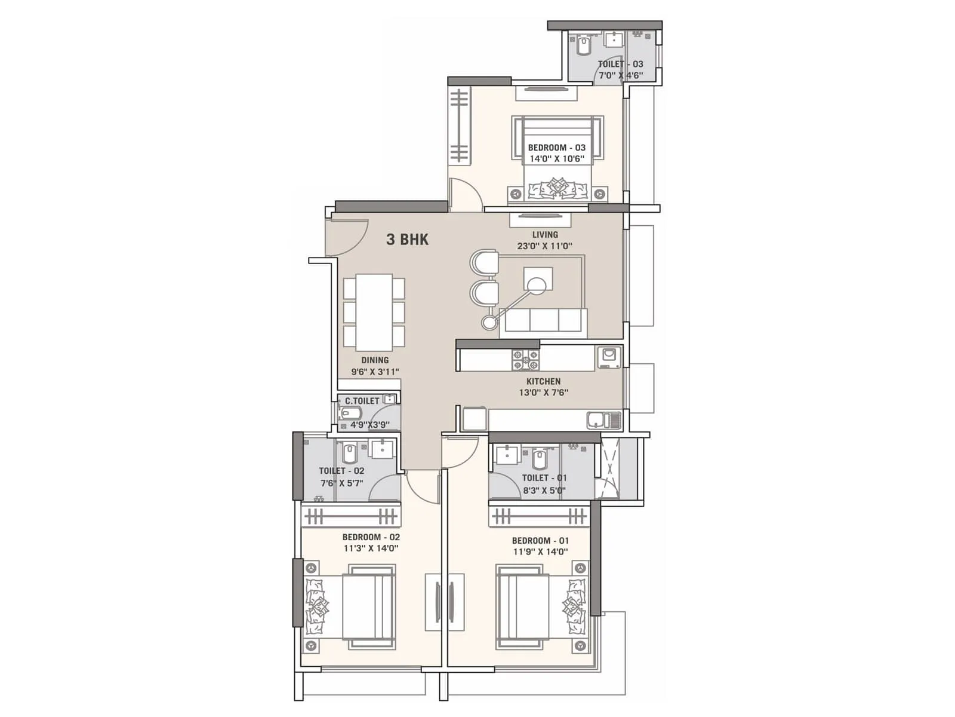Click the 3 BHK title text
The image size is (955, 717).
[407, 240]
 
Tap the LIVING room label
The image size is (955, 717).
[545, 235]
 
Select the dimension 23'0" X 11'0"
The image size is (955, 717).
[545, 246]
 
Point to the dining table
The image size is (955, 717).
[374, 312]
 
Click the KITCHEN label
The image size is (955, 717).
[543, 381]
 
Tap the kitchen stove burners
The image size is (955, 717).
[525, 360]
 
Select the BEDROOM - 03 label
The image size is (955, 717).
[556, 148]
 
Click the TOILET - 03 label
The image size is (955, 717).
[621, 64]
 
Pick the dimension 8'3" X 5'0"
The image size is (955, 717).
[544, 491]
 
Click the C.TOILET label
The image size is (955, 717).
[362, 401]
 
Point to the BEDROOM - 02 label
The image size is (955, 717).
[371, 537]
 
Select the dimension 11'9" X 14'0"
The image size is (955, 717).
[540, 552]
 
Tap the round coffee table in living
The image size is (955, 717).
[536, 287]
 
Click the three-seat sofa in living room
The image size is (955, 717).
[543, 320]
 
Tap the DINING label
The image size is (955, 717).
[375, 360]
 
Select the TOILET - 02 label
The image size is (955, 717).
[341, 471]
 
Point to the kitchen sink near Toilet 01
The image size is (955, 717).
[603, 420]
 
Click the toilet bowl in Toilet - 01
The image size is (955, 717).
[539, 459]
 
